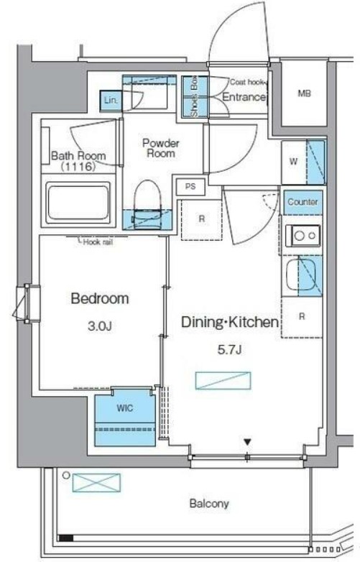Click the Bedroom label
coord(100,298)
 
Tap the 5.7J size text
coord(229,350)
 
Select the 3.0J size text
coord(100,326)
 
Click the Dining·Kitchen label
coord(230,322)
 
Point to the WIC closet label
coord(124,408)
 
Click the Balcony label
coord(209,504)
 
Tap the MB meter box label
coord(304,93)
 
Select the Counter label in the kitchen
coord(303,202)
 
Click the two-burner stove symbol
coord(303,236)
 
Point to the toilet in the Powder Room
coord(147,204)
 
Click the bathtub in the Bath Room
coord(78,203)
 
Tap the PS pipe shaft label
coord(190,187)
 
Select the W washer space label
coord(293,162)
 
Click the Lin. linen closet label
coord(111,101)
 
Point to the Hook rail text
coord(98,242)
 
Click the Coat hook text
coord(246,82)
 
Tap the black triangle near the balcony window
coord(247,442)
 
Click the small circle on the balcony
coord(65,475)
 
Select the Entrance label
coord(244,97)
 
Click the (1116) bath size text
coord(78,167)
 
